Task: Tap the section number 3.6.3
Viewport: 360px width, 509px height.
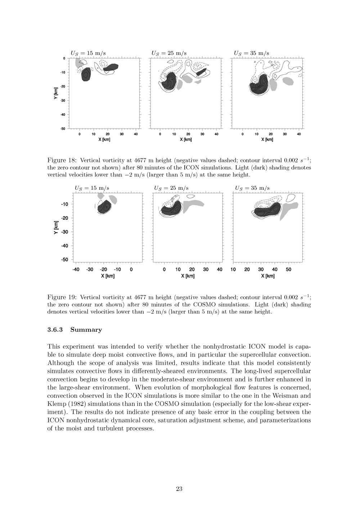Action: pyautogui.click(x=56, y=330)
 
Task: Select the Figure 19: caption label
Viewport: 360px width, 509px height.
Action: pyautogui.click(x=62, y=298)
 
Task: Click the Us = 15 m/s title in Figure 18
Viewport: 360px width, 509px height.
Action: pyautogui.click(x=88, y=53)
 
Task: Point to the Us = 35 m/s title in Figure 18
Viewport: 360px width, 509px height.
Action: pyautogui.click(x=251, y=53)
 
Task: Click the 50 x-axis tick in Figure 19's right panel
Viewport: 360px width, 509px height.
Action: pyautogui.click(x=289, y=269)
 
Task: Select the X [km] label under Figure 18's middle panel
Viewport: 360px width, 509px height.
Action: pyautogui.click(x=185, y=140)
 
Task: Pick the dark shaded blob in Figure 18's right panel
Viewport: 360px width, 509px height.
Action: pyautogui.click(x=259, y=85)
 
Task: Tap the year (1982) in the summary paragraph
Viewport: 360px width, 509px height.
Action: pyautogui.click(x=74, y=404)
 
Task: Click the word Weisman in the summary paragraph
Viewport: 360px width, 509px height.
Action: pyautogui.click(x=286, y=396)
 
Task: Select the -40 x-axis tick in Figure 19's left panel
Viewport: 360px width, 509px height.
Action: pyautogui.click(x=76, y=269)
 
